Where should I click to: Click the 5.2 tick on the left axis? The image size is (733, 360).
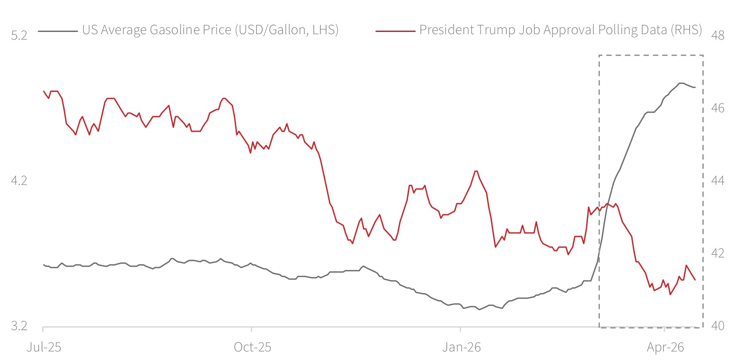19,35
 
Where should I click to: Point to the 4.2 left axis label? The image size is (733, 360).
19,181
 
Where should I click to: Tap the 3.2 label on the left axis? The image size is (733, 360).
19,326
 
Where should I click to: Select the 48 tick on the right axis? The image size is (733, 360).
717,35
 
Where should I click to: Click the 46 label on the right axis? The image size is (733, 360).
717,108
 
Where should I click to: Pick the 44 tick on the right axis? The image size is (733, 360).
717,181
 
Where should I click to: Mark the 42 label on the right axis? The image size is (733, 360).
717,253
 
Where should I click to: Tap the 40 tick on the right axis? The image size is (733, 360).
717,326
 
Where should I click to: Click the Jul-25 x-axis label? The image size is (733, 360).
43,347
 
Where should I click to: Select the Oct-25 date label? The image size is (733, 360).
252,347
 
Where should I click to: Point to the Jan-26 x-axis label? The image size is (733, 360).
461,347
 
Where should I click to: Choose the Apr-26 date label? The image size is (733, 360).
665,347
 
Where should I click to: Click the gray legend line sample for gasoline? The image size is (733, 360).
57,31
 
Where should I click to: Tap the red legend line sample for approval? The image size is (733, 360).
395,31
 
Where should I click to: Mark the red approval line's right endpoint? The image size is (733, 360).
695,280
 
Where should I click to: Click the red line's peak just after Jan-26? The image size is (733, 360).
476,171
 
